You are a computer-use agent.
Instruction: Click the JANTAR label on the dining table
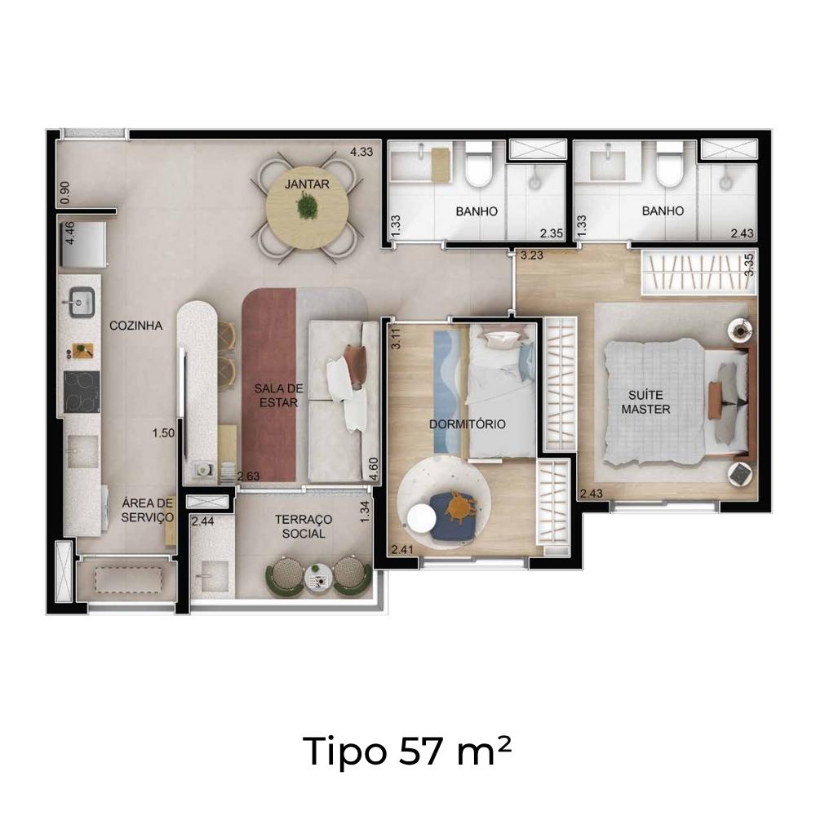pyautogui.click(x=307, y=184)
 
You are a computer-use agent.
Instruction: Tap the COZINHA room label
pyautogui.click(x=135, y=326)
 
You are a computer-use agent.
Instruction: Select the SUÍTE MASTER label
pyautogui.click(x=645, y=402)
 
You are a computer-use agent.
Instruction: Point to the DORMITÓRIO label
pyautogui.click(x=468, y=424)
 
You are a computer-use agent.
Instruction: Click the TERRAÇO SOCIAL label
pyautogui.click(x=304, y=526)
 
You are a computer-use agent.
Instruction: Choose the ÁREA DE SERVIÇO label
pyautogui.click(x=148, y=511)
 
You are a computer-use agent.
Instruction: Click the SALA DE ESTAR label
pyautogui.click(x=279, y=396)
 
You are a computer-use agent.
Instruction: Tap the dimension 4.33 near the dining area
pyautogui.click(x=361, y=153)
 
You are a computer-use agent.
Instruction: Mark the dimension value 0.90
pyautogui.click(x=65, y=193)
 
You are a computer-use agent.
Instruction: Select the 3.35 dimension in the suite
pyautogui.click(x=749, y=265)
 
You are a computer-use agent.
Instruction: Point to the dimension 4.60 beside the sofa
pyautogui.click(x=373, y=469)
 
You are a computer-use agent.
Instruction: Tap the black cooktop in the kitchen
pyautogui.click(x=82, y=392)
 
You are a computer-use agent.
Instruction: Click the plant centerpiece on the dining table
pyautogui.click(x=307, y=206)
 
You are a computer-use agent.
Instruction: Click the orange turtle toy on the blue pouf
pyautogui.click(x=458, y=504)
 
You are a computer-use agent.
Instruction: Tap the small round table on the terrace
pyautogui.click(x=318, y=578)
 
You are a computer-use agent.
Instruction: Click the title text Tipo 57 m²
pyautogui.click(x=407, y=751)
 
